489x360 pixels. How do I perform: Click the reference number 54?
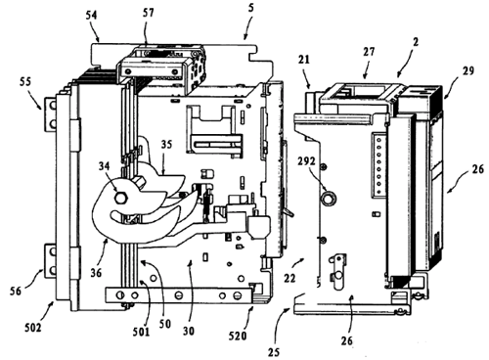tap(92, 17)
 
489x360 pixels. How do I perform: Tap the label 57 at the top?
tap(148, 14)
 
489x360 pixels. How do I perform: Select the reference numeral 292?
tap(307, 161)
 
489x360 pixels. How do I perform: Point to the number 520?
tap(238, 336)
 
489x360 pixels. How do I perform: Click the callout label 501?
tap(141, 332)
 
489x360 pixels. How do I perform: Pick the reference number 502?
tap(33, 328)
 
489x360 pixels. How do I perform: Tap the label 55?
tap(25, 81)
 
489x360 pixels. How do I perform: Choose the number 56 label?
tap(16, 292)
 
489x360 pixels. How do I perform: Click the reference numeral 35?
tap(166, 145)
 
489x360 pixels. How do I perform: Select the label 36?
tap(96, 273)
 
